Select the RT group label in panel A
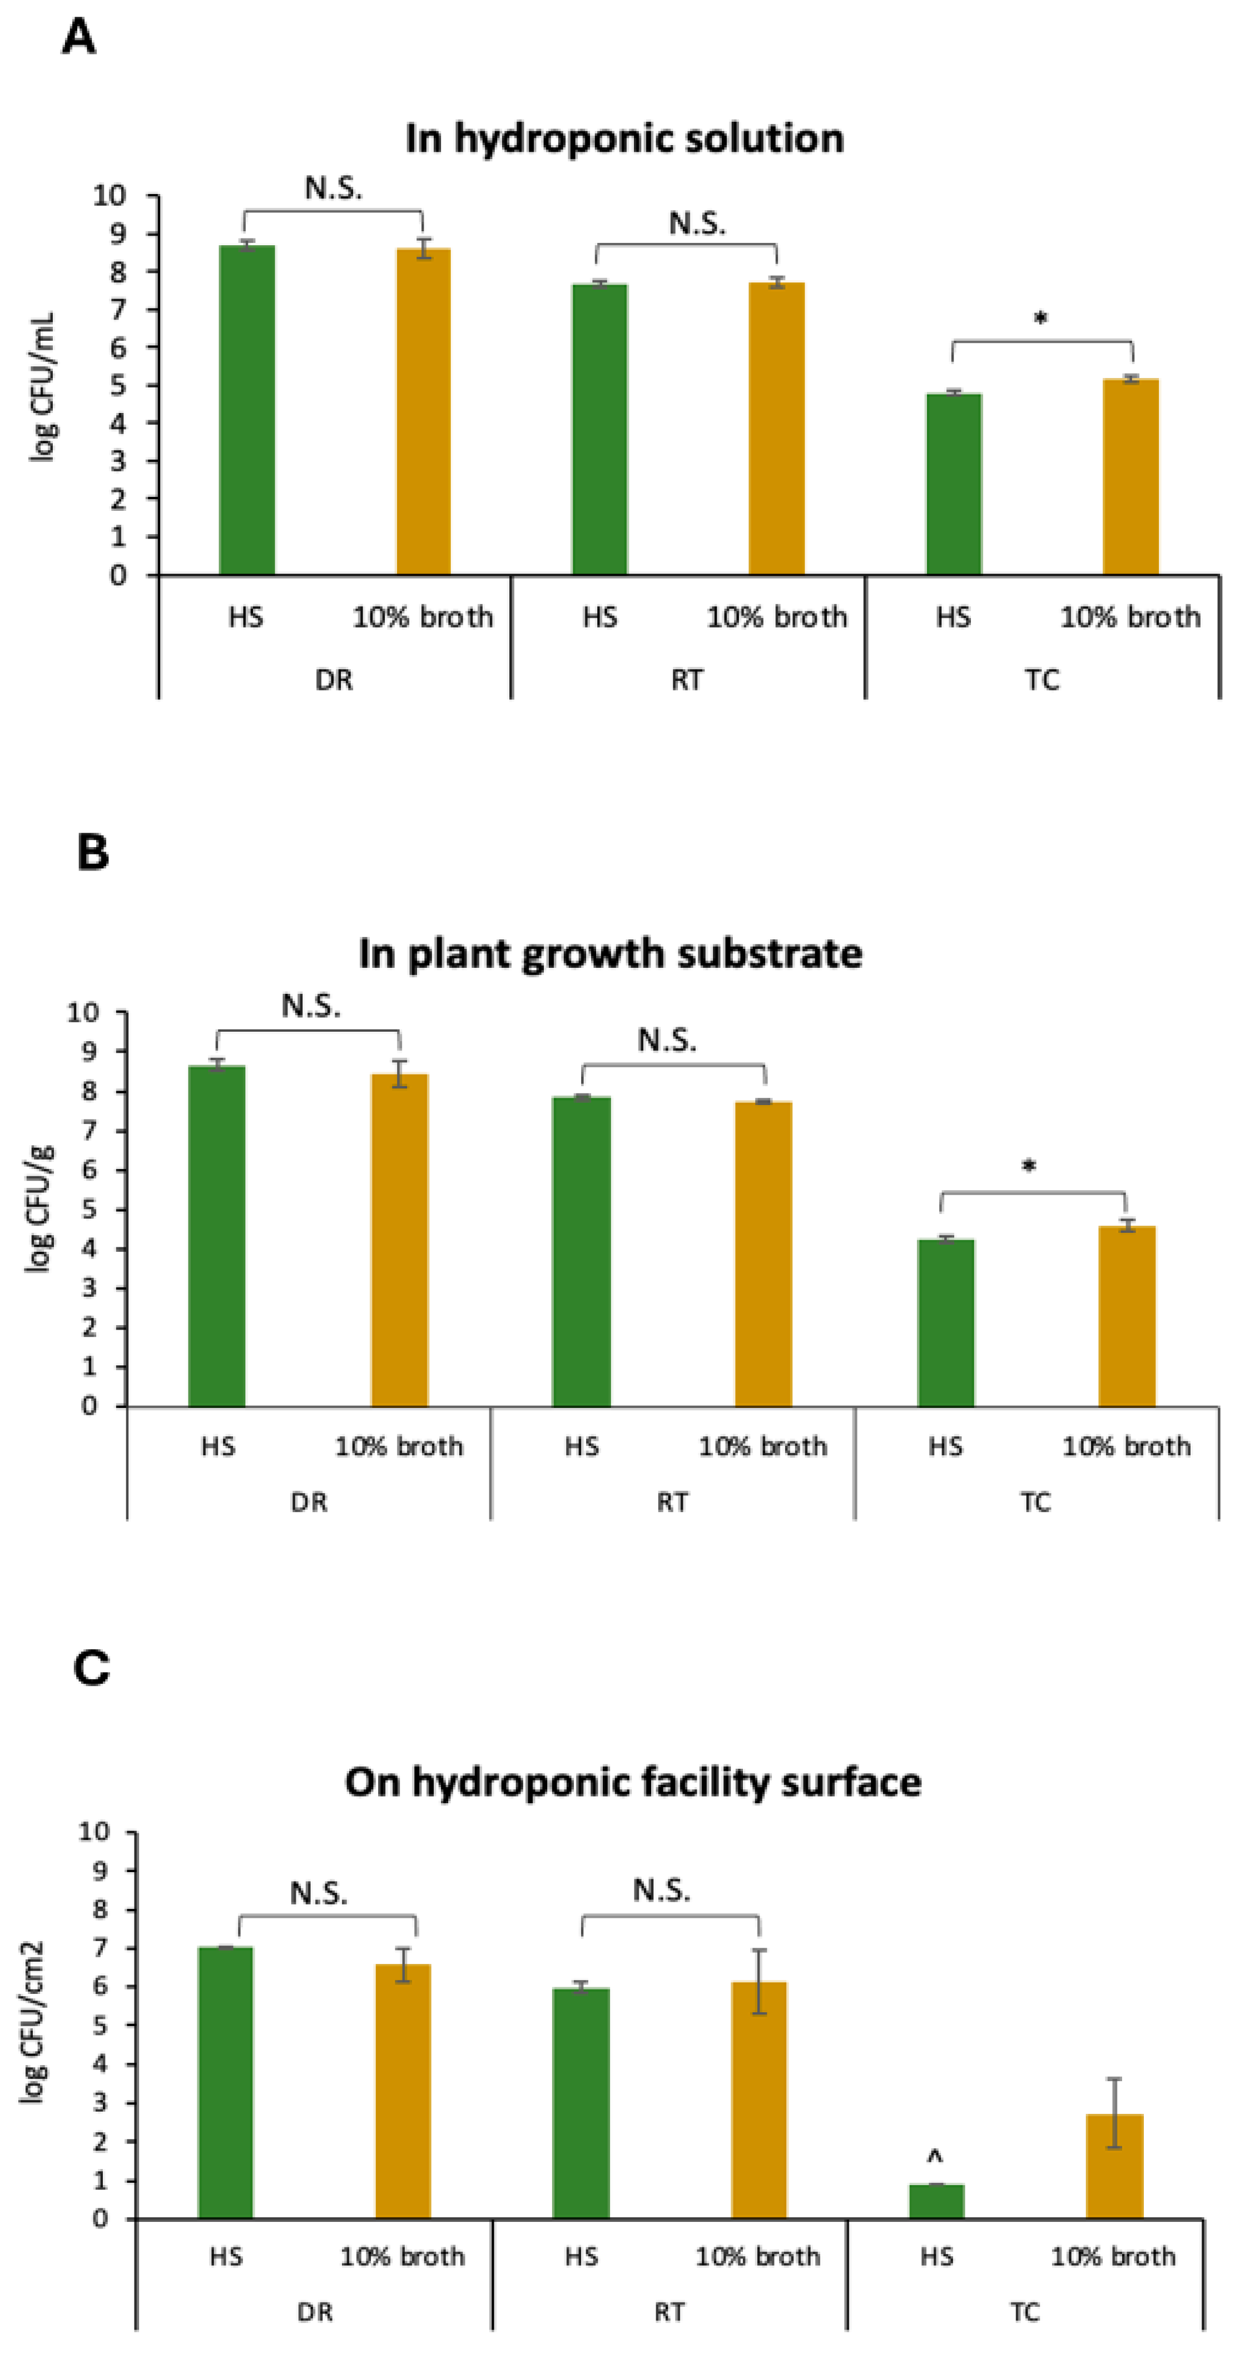687,680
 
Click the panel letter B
92,852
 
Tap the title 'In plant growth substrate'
610,954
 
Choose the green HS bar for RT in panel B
581,1251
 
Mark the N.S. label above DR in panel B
311,1006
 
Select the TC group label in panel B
1035,1503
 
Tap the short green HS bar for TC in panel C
936,2201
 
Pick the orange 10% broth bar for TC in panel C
1114,2167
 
